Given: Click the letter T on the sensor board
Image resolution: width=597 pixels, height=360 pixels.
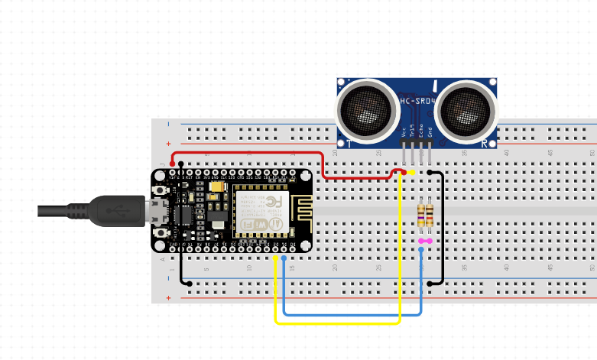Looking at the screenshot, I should (349, 143).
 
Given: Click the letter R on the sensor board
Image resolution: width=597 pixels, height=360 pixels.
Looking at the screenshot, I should (485, 143).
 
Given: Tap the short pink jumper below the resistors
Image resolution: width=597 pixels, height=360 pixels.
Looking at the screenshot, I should (425, 242).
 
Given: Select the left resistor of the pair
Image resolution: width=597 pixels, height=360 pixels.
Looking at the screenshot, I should (420, 215).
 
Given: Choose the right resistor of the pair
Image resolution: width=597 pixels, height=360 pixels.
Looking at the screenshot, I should (430, 215).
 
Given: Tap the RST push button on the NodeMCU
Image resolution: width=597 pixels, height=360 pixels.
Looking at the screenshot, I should (161, 190).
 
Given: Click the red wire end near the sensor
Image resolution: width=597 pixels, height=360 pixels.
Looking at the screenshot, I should (402, 174).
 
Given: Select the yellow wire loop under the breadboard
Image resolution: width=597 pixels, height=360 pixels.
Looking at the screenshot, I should (336, 323).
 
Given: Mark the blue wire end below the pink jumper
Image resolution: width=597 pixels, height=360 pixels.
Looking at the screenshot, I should (421, 249).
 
